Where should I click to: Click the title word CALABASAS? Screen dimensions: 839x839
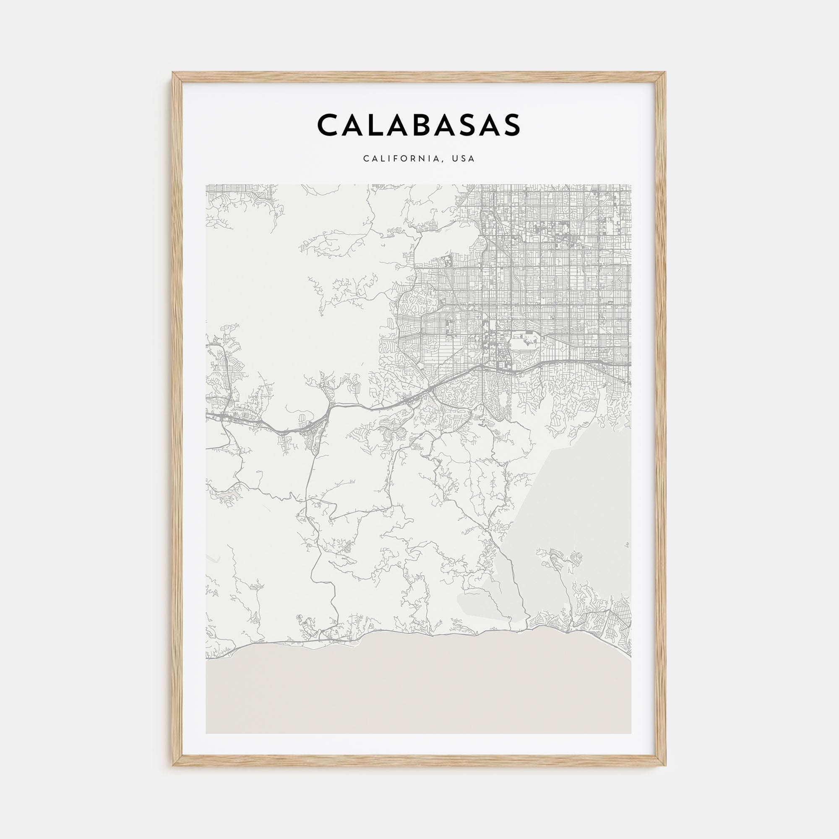419,125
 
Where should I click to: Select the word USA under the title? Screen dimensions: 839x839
464,159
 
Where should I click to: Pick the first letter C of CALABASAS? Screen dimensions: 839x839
329,125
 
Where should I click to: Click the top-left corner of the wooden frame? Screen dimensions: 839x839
173,73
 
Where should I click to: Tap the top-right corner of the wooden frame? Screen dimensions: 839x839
666,73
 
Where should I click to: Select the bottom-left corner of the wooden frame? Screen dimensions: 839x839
173,765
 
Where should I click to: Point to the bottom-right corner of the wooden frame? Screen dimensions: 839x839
666,765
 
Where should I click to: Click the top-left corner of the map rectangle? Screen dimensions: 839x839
206,185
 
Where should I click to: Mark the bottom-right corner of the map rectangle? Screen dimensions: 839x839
631,733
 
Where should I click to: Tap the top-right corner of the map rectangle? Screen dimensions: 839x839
631,185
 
